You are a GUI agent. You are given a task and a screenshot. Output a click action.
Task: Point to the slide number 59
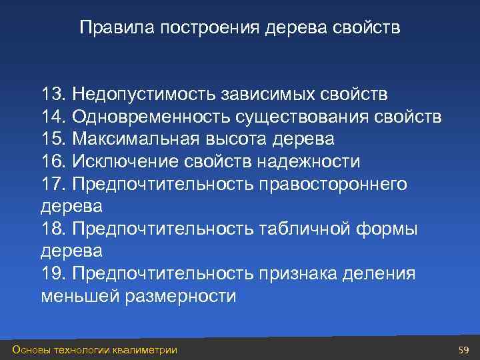click(x=464, y=349)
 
